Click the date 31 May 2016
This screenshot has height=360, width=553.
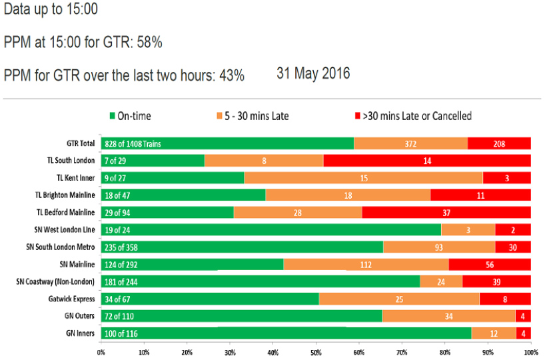click(x=313, y=73)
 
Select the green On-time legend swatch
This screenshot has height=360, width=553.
click(x=112, y=117)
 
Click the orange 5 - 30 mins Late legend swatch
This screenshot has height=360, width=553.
click(x=219, y=117)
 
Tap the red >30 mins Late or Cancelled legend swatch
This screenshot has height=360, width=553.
click(x=355, y=117)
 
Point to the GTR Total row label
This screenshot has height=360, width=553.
click(x=78, y=143)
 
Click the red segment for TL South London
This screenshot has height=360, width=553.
click(x=426, y=161)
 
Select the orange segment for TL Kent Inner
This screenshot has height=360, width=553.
click(x=363, y=178)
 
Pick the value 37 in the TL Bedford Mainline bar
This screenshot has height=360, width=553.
click(x=446, y=212)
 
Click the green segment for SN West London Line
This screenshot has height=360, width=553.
click(x=271, y=229)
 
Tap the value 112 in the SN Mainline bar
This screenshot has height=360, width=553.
click(x=365, y=264)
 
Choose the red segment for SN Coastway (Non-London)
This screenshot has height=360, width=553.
click(x=496, y=281)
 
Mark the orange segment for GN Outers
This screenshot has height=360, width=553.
click(x=449, y=316)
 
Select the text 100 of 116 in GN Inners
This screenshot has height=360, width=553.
click(x=123, y=333)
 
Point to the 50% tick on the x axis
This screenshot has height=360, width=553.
click(x=316, y=351)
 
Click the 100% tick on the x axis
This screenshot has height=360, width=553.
click(x=531, y=351)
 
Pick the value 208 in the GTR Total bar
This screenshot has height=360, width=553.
click(x=499, y=143)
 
